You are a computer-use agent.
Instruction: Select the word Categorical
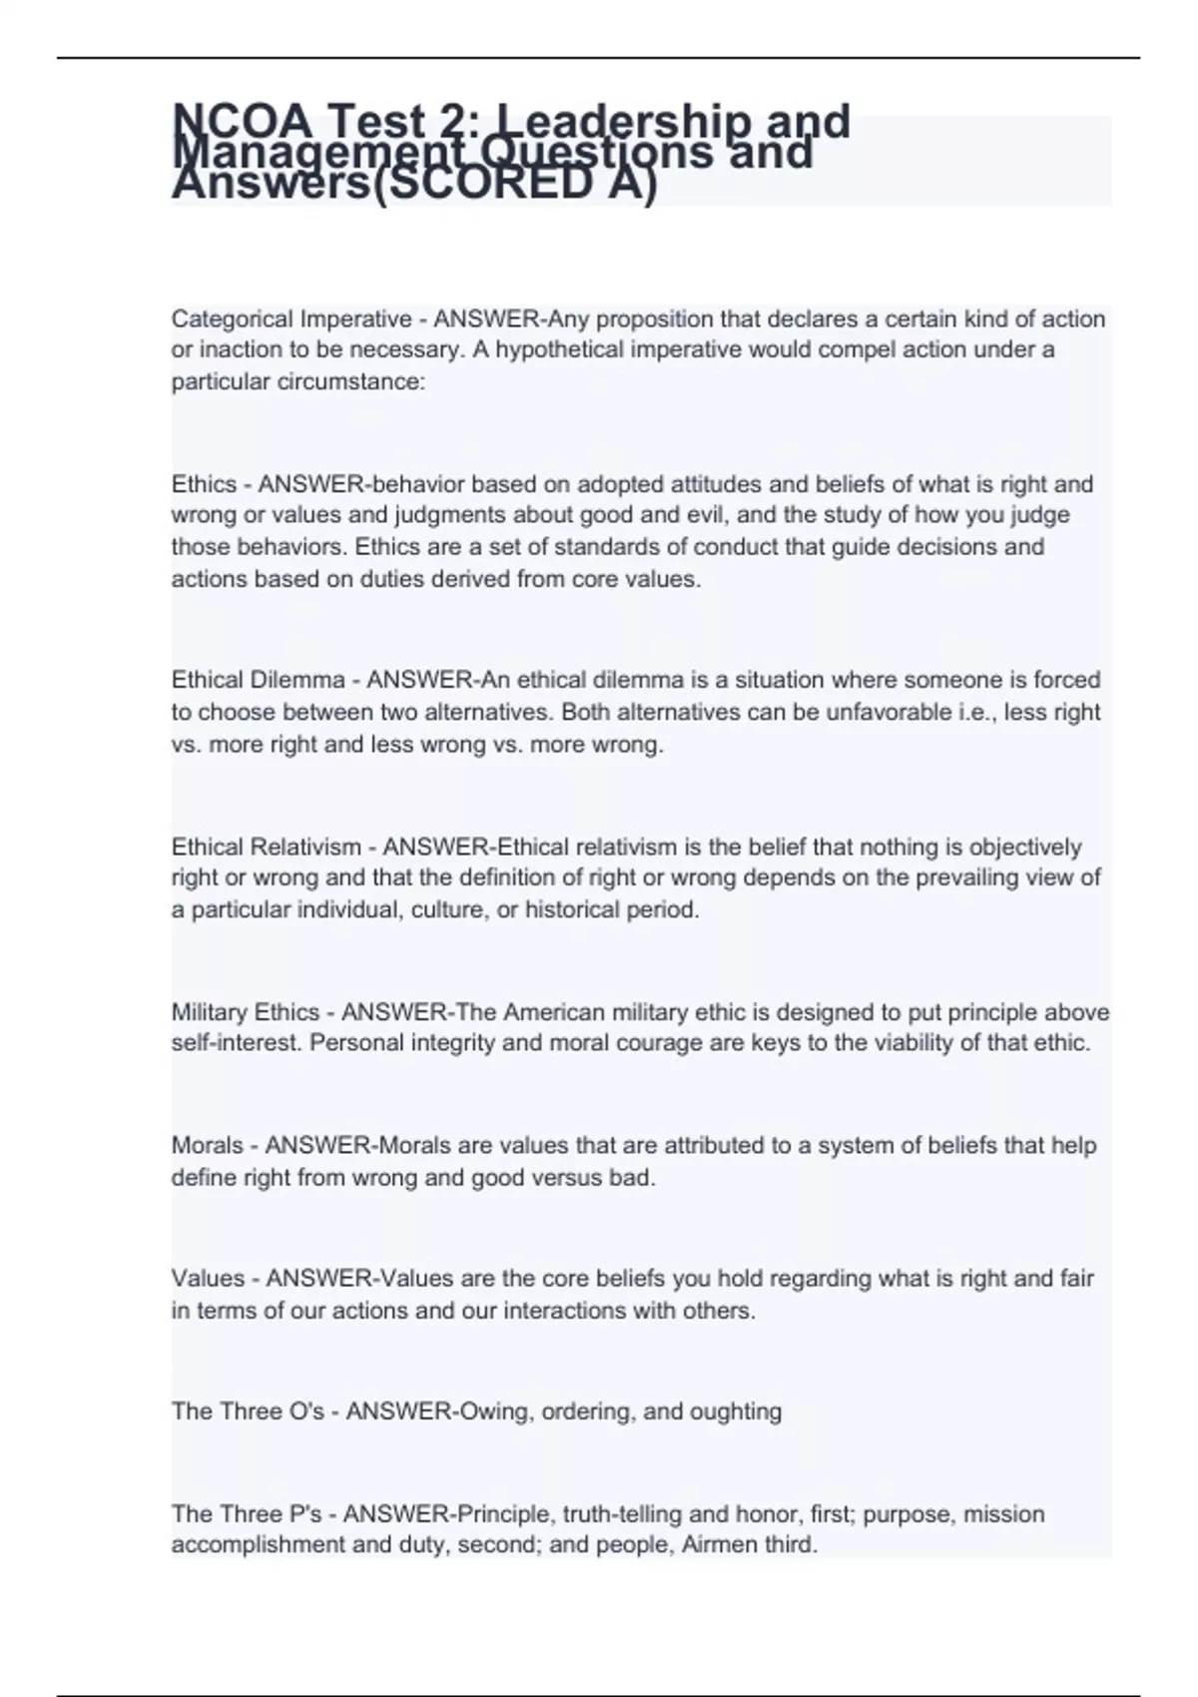234,318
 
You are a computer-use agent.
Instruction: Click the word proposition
646,318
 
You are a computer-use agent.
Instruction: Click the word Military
210,1012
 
